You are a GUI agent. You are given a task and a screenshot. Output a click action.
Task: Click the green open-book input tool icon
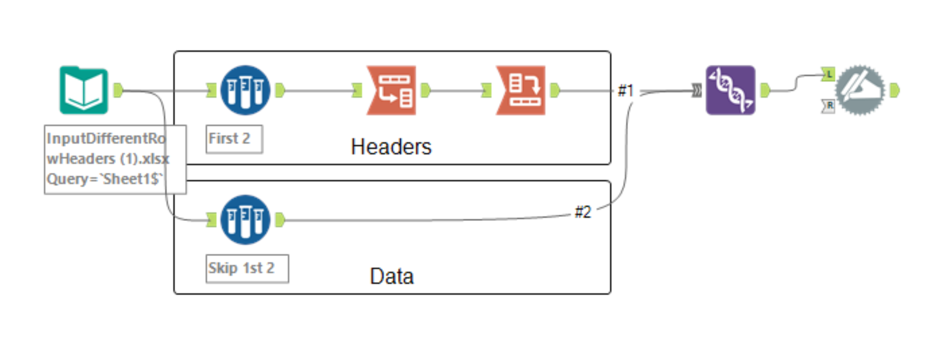(84, 90)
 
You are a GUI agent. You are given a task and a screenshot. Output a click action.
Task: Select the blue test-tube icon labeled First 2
(245, 90)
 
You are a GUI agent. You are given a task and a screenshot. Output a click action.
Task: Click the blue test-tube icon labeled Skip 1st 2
(245, 220)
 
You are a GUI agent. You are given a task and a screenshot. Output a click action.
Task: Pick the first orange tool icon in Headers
(391, 90)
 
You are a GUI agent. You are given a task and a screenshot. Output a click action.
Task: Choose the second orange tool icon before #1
(521, 90)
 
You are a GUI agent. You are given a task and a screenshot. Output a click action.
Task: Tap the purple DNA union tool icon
(730, 90)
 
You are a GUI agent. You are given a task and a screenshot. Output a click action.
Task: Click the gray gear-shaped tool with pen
(860, 90)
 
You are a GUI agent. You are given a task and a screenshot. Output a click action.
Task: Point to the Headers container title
(391, 147)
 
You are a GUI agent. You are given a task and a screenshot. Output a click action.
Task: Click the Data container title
(391, 276)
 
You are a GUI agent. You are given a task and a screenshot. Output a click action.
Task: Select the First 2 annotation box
(234, 139)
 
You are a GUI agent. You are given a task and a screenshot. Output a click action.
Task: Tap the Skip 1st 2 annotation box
(247, 268)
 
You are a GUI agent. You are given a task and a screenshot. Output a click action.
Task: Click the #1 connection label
(625, 91)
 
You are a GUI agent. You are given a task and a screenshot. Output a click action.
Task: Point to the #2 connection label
(583, 212)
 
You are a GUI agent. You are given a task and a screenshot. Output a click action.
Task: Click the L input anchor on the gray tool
(828, 74)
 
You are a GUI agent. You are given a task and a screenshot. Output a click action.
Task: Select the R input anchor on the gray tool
(828, 106)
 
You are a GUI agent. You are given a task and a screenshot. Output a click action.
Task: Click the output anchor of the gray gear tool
(894, 90)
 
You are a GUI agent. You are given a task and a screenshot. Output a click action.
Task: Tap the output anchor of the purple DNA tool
(765, 90)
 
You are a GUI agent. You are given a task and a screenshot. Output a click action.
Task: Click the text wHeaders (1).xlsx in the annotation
(108, 159)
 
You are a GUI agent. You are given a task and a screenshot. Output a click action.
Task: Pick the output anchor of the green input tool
(118, 90)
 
